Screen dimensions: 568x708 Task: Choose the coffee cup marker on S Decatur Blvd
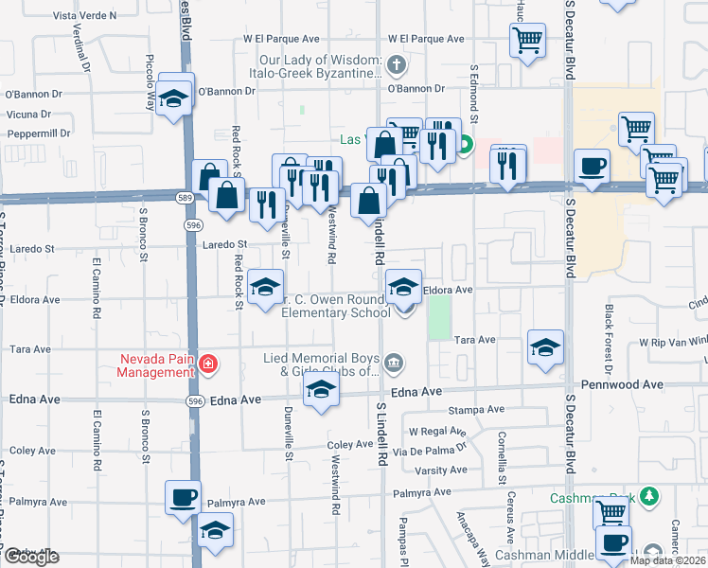coord(593,168)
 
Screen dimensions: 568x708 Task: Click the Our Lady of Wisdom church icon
coord(397,65)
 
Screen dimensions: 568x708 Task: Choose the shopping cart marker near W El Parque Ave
coord(527,41)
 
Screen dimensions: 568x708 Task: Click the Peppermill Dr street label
coord(40,133)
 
